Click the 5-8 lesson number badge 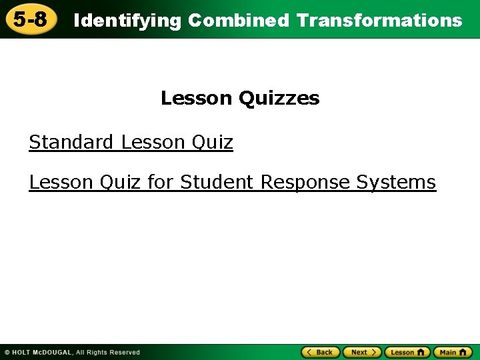click(31, 19)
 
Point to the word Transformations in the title click(379, 21)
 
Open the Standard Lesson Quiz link click(131, 143)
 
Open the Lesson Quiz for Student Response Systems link click(232, 182)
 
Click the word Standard click(71, 143)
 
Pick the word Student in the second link click(217, 182)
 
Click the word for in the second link click(161, 182)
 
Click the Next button click(362, 352)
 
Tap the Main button click(453, 352)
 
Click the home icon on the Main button click(464, 352)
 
